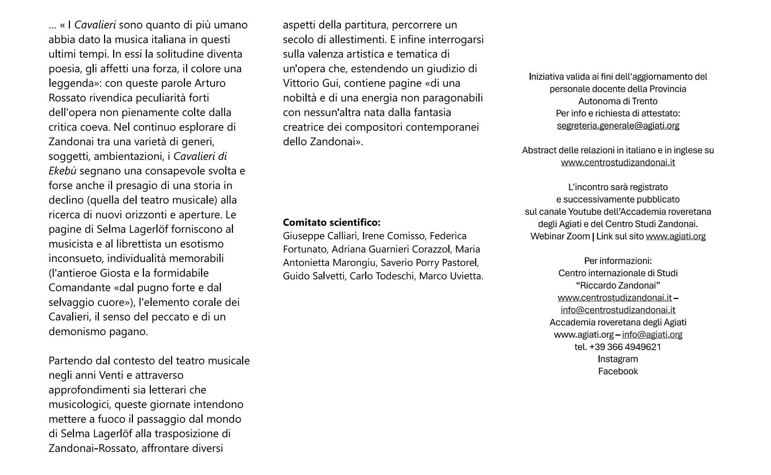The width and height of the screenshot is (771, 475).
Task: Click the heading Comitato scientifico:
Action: click(x=331, y=222)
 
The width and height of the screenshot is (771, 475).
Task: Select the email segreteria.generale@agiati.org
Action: click(x=618, y=126)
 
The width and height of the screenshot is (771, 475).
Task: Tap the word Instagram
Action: click(x=618, y=359)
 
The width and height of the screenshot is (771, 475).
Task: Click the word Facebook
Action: click(x=618, y=371)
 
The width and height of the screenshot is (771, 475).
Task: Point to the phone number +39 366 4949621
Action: click(x=625, y=347)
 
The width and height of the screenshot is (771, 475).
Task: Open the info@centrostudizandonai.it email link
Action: click(x=618, y=310)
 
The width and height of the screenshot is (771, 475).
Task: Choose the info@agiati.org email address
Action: click(x=652, y=334)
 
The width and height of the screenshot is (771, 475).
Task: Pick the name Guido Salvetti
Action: click(x=314, y=276)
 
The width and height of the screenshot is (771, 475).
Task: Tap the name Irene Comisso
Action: click(x=393, y=236)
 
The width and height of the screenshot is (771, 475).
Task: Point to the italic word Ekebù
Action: click(x=62, y=171)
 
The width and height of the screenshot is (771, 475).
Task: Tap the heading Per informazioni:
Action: click(x=618, y=261)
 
